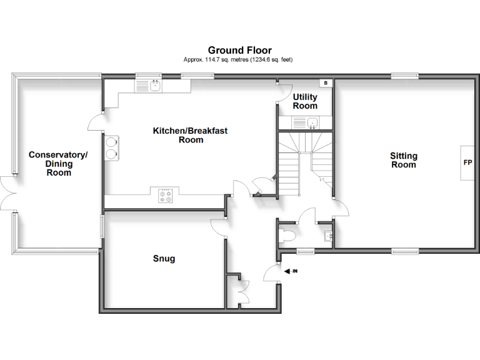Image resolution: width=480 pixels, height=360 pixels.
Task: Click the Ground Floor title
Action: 239,50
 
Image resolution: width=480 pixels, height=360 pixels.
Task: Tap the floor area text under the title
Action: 239,59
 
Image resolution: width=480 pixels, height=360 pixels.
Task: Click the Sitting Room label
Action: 403,160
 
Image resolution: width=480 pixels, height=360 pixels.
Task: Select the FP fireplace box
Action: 467,162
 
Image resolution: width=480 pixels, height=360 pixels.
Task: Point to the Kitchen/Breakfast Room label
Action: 190,135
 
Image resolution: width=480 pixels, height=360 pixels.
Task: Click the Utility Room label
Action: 305,101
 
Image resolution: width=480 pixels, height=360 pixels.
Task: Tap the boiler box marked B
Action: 325,83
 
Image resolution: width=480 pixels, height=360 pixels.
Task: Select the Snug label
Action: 164,258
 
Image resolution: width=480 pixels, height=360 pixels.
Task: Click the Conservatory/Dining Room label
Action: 59,164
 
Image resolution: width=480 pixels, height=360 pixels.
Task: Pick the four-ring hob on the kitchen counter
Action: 166,196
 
